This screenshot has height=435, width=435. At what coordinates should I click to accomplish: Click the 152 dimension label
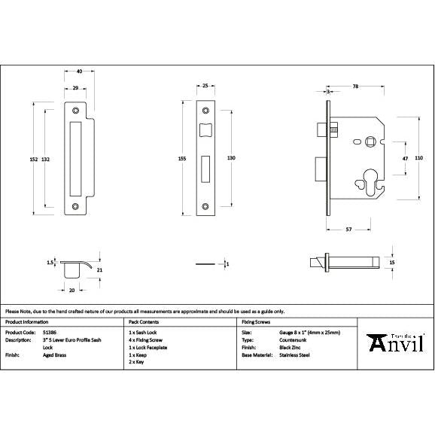point(33,159)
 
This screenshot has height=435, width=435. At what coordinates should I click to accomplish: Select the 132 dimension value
point(46,159)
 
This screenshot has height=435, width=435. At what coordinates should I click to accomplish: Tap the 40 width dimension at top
point(79,72)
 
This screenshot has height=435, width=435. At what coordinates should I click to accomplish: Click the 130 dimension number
point(231,158)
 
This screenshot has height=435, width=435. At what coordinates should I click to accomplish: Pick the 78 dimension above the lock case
point(354,87)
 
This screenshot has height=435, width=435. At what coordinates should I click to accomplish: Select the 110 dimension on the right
point(419,158)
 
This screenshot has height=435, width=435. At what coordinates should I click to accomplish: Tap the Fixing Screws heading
point(257,321)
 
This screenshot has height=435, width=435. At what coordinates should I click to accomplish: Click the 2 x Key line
point(139,362)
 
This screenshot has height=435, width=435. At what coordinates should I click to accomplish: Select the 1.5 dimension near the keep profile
point(50,263)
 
